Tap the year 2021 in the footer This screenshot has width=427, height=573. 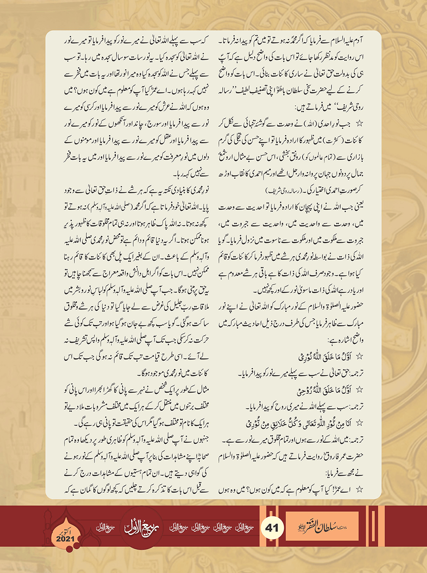(x=65, y=539)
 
